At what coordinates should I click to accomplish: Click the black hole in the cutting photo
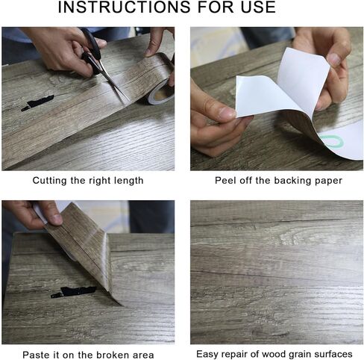click(38, 102)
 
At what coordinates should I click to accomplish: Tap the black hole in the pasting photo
click(74, 292)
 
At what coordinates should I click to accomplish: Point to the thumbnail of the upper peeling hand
click(333, 59)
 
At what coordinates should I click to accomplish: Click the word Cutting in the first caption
click(50, 181)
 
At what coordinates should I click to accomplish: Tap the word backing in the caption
click(291, 181)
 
